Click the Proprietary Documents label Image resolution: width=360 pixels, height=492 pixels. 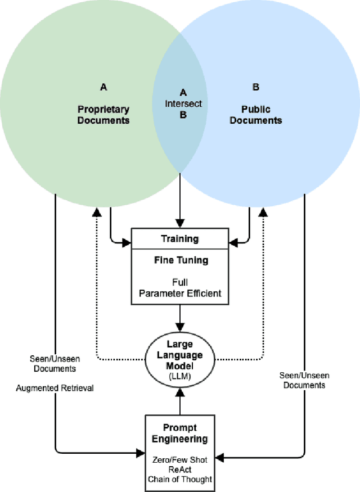[x=103, y=115]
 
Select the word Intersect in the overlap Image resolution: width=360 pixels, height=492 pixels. [x=183, y=103]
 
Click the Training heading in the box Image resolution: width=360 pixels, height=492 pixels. [x=180, y=238]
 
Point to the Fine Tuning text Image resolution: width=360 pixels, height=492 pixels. [x=180, y=260]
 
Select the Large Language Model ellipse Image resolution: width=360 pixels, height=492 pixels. [x=180, y=358]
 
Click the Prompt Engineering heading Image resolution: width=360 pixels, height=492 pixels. [x=180, y=434]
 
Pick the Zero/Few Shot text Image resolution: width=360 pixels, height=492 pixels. [x=180, y=459]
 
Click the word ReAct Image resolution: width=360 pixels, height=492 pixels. [x=180, y=470]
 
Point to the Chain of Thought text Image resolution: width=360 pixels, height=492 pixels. [x=180, y=479]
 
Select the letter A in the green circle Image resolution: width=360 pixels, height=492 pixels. [x=103, y=87]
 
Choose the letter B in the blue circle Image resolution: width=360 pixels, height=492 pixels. [x=256, y=87]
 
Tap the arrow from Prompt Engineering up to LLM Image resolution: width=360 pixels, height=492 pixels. [x=180, y=403]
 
